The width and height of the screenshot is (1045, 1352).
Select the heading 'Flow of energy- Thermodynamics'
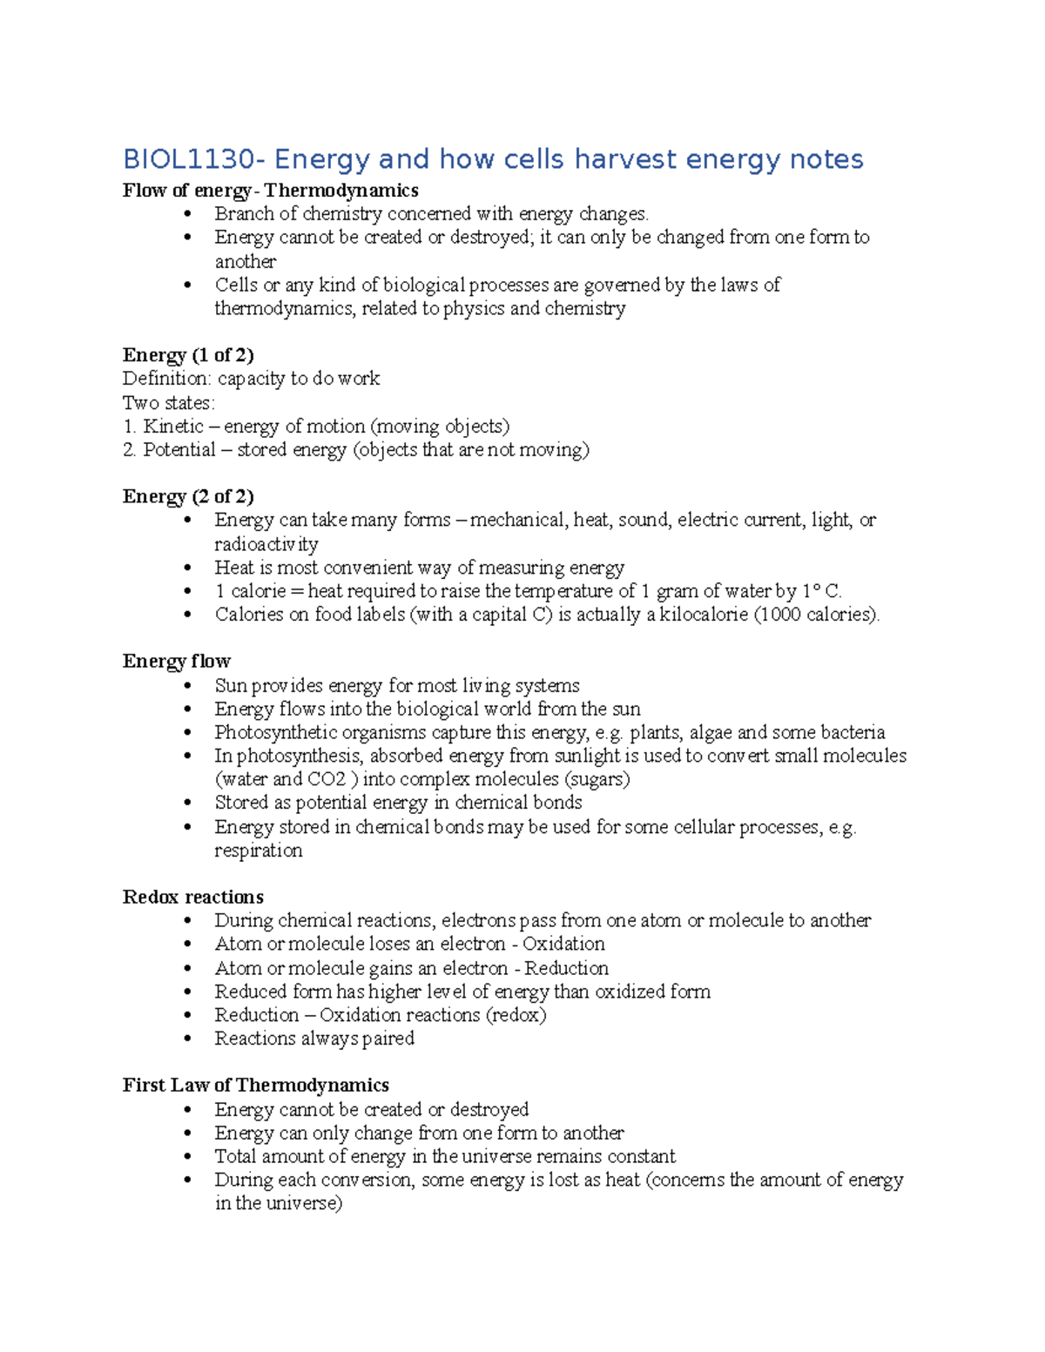tap(270, 191)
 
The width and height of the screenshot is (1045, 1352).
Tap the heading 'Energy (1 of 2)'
tap(188, 355)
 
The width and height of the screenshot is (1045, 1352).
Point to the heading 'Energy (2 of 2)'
tap(188, 496)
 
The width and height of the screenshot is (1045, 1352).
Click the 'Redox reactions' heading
tap(192, 898)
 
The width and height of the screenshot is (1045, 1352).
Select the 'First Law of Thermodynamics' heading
tap(255, 1086)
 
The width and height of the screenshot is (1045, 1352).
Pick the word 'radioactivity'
tap(266, 544)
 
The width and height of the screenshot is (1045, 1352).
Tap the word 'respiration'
tap(259, 851)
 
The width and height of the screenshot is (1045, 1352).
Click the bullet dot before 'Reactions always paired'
tap(188, 1039)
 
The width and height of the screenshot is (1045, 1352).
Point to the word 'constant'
tap(641, 1157)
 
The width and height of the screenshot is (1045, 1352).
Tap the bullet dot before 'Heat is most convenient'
tap(188, 568)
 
